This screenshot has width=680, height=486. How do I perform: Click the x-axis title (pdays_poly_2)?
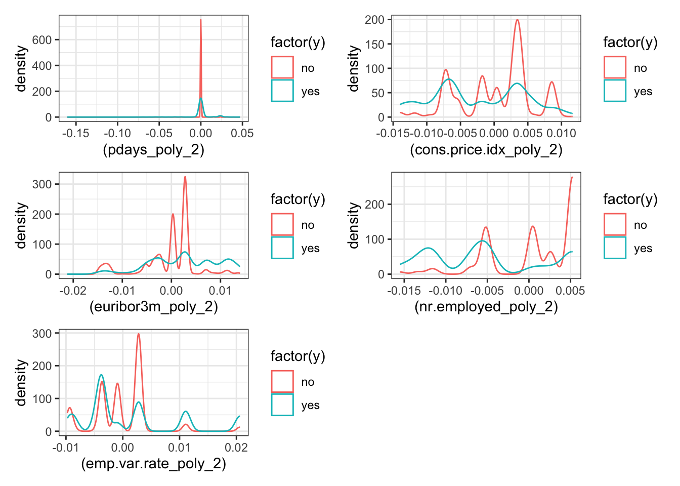click(153, 150)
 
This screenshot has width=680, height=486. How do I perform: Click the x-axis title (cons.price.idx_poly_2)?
click(486, 150)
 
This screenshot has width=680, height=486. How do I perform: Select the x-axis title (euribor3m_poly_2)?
click(153, 307)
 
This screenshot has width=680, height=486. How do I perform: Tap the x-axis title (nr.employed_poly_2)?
click(486, 307)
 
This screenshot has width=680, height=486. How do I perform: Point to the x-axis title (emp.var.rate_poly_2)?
click(153, 464)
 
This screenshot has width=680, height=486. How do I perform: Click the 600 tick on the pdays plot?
click(42, 40)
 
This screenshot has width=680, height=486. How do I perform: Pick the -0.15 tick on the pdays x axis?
click(76, 133)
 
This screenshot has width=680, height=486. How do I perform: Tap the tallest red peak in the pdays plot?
click(201, 20)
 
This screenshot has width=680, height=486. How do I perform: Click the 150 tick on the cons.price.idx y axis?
click(375, 44)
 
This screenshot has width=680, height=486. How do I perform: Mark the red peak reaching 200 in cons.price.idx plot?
click(517, 20)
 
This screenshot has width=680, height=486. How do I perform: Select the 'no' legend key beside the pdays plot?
click(282, 67)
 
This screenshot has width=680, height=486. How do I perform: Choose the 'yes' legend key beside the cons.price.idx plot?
click(615, 91)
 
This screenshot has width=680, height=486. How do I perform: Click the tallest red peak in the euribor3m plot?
click(185, 177)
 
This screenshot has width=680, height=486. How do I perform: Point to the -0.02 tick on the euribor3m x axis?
click(73, 290)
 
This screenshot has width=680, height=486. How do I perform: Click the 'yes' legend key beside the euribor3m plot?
click(282, 248)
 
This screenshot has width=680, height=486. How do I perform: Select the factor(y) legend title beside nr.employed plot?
click(630, 199)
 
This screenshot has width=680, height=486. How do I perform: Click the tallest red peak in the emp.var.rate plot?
click(139, 334)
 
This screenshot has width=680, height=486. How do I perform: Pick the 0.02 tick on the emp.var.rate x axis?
click(236, 447)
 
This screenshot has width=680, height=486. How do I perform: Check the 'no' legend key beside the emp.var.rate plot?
click(282, 381)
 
